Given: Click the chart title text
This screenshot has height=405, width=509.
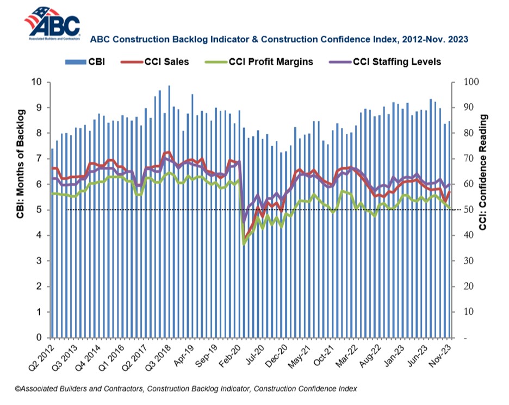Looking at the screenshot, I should (279, 40).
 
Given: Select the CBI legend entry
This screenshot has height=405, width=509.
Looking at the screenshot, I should (84, 61).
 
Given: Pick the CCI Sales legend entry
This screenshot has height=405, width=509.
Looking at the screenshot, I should (157, 61).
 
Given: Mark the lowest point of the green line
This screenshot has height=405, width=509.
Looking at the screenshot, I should (244, 244).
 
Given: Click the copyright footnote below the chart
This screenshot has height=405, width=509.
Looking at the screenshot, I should (185, 389).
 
